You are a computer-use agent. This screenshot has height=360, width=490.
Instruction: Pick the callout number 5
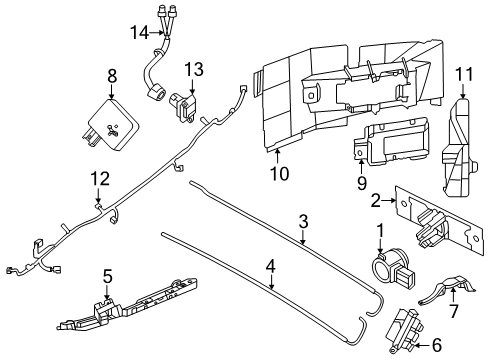click(x=108, y=274)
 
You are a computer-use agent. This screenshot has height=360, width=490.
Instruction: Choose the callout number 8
click(x=113, y=74)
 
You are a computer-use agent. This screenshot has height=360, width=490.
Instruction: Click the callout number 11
click(x=462, y=75)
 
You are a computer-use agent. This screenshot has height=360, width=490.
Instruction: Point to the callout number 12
click(x=97, y=178)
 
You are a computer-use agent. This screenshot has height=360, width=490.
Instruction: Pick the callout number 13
click(x=193, y=69)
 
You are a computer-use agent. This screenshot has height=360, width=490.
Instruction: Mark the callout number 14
click(x=138, y=33)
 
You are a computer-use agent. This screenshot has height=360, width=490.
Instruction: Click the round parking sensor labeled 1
click(x=385, y=269)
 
